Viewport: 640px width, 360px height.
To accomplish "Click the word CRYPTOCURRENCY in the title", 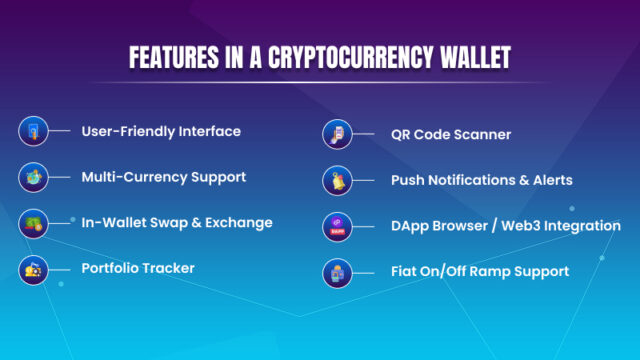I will coord(356,57).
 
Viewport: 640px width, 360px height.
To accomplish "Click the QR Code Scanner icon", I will coord(335,134).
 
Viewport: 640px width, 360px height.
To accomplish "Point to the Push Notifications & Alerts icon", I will coord(335,180).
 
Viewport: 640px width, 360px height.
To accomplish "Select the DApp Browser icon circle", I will coord(335,226).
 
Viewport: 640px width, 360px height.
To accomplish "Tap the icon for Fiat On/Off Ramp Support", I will coord(335,271).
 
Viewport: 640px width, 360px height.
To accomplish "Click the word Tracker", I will coord(169,268).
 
